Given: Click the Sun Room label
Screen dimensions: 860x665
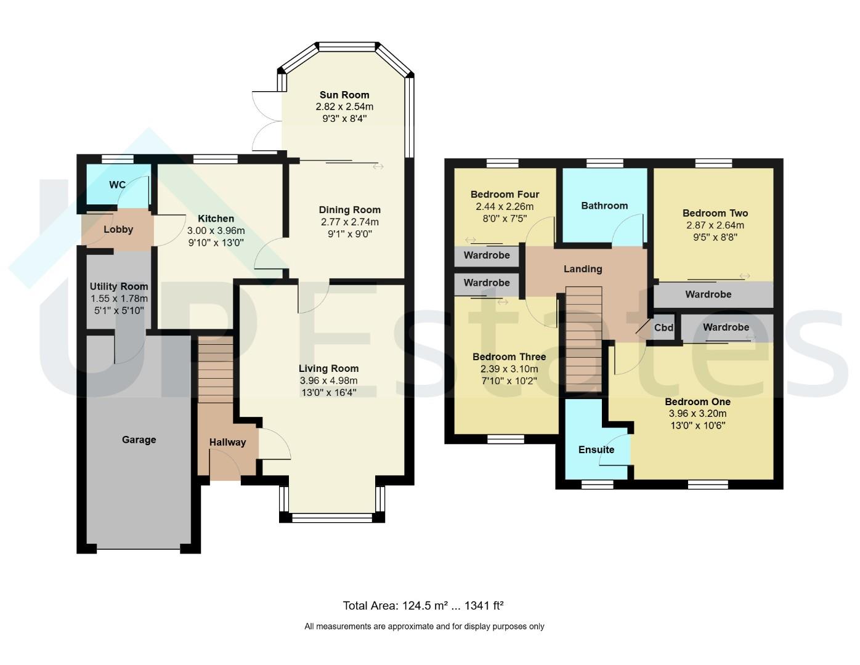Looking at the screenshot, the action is pos(344,95).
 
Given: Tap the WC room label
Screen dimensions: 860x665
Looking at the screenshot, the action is pos(117,185).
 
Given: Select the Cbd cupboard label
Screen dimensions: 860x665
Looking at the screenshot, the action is pos(663,328).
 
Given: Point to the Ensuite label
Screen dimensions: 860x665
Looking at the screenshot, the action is pos(596,449).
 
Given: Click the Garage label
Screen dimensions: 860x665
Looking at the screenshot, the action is pos(139,440).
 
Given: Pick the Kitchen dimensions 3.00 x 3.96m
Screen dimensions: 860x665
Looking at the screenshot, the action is pos(216,230).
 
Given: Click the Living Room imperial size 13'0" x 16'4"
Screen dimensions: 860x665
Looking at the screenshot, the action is pos(328,392).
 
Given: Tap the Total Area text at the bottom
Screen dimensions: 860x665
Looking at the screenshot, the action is pos(423,606).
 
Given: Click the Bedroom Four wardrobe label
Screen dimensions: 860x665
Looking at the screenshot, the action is pos(487,255).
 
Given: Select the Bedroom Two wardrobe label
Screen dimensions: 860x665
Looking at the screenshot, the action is pos(708,294).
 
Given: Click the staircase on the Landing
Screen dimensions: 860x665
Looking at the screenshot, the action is pos(584,339).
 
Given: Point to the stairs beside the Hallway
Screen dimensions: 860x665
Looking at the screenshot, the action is pos(215,369).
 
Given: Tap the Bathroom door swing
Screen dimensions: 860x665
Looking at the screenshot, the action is pos(627,228).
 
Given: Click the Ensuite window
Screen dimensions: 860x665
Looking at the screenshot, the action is pos(597,484).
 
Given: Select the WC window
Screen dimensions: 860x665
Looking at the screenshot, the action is pos(118,159).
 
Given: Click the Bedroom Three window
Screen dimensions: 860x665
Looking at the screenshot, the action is pos(505,439).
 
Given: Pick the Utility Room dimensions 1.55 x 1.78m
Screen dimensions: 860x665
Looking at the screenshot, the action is pos(119,298).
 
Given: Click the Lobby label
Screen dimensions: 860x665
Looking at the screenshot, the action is pos(118,230).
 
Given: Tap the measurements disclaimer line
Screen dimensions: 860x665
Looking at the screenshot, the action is pos(424,626).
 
